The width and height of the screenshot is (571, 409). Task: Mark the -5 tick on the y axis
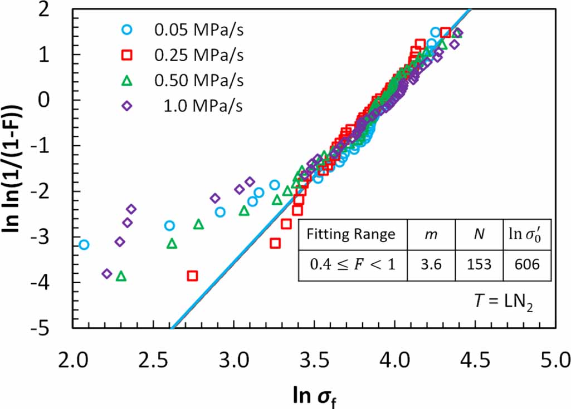tap(56, 328)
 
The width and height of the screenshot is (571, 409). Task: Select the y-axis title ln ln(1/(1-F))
tap(17, 167)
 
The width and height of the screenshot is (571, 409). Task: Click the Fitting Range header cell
tap(352, 234)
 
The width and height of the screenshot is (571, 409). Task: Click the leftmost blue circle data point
tap(84, 244)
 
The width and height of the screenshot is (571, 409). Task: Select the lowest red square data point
tap(193, 275)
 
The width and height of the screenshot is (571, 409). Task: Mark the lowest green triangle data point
tap(121, 276)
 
